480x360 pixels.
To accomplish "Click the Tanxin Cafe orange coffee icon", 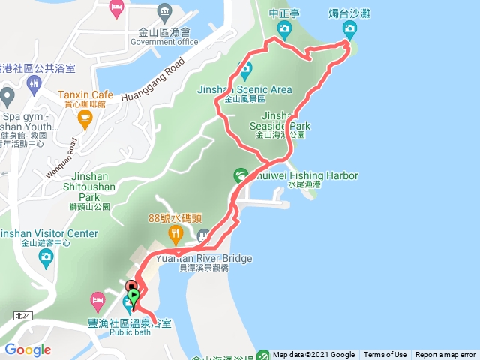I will [85, 118].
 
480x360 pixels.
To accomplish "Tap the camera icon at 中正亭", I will [283, 29].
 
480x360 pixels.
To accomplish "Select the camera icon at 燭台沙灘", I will [349, 29].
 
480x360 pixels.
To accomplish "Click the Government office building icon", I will [163, 13].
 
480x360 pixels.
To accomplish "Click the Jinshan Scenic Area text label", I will [244, 89].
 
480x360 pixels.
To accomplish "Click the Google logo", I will [28, 349].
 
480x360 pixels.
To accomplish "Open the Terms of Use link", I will [385, 355].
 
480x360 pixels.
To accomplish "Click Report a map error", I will [445, 355].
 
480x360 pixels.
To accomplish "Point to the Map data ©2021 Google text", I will [313, 355].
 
